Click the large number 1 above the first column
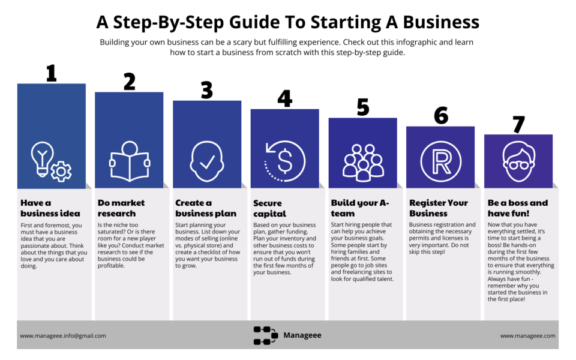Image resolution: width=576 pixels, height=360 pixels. [52, 73]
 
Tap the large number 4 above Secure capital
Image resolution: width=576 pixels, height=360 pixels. [284, 98]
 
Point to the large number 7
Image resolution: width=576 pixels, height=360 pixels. [518, 125]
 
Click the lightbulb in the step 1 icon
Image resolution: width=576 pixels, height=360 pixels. [42, 158]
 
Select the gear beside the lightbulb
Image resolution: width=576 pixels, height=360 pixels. [61, 171]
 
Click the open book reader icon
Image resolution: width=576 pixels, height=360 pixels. [130, 161]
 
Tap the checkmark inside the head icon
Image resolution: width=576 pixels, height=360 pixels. [207, 161]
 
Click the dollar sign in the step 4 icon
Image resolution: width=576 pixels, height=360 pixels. [285, 161]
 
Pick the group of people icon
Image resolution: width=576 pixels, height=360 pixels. [363, 163]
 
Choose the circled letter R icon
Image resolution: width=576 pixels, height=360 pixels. [441, 161]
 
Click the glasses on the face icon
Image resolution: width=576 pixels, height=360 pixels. [518, 165]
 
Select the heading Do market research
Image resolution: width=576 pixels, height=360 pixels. [121, 208]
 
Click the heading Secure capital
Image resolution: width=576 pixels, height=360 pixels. [269, 208]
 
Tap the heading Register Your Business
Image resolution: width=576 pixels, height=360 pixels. [439, 208]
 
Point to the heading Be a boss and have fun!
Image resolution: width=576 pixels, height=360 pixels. [518, 208]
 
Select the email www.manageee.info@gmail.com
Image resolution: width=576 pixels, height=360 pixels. [63, 336]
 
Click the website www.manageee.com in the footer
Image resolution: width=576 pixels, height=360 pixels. [527, 336]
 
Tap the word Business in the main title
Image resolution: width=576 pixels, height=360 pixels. [441, 22]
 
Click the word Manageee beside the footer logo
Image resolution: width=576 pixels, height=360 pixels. [302, 335]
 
